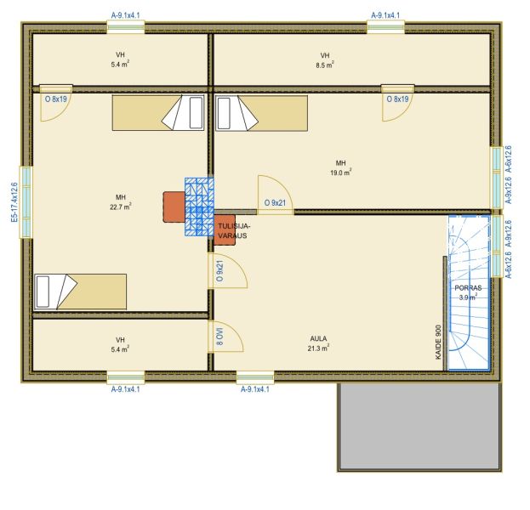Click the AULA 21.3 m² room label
pos(318,343)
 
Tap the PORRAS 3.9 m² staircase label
pos(468,292)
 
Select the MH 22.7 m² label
pos(121,202)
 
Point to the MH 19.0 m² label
pos(340,167)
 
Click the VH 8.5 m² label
pos(325,60)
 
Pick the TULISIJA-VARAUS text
pos(233,230)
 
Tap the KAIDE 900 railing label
pos(438,342)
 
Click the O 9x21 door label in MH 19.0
pos(275,203)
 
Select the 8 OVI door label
pos(219,336)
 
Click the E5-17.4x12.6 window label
pos(14,202)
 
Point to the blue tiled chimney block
pos(199,207)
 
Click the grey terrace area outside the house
pos(419,426)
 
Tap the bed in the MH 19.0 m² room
pos(262,113)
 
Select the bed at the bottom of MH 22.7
pos(81,292)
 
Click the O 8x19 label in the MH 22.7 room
pos(56,99)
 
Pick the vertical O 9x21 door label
pos(219,271)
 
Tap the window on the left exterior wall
pos(26,202)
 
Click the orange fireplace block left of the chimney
pos(174,207)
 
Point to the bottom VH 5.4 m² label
pos(120,344)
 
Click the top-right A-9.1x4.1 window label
pos(385,15)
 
